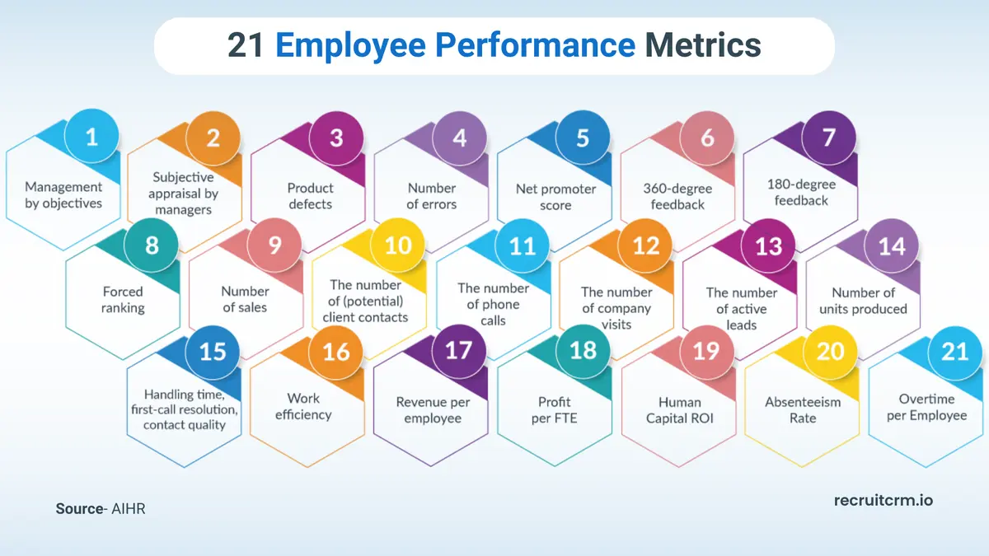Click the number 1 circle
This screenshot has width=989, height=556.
[91, 137]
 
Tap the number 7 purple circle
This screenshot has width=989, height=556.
[829, 137]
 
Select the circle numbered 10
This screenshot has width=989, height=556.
[398, 245]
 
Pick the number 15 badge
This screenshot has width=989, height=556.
[213, 352]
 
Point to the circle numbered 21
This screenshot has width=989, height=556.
[954, 352]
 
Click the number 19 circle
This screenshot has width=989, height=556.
[706, 352]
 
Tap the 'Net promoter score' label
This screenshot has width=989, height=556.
[555, 197]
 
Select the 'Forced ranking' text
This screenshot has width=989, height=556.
[123, 300]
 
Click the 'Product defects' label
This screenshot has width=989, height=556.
[311, 196]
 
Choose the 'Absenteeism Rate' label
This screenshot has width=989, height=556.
[803, 410]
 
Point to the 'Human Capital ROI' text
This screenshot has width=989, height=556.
[680, 410]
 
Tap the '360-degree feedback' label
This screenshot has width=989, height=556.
[677, 196]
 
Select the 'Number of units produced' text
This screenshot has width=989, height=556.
[863, 301]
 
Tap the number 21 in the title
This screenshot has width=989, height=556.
[245, 46]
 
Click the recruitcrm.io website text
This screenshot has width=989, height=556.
[883, 500]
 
